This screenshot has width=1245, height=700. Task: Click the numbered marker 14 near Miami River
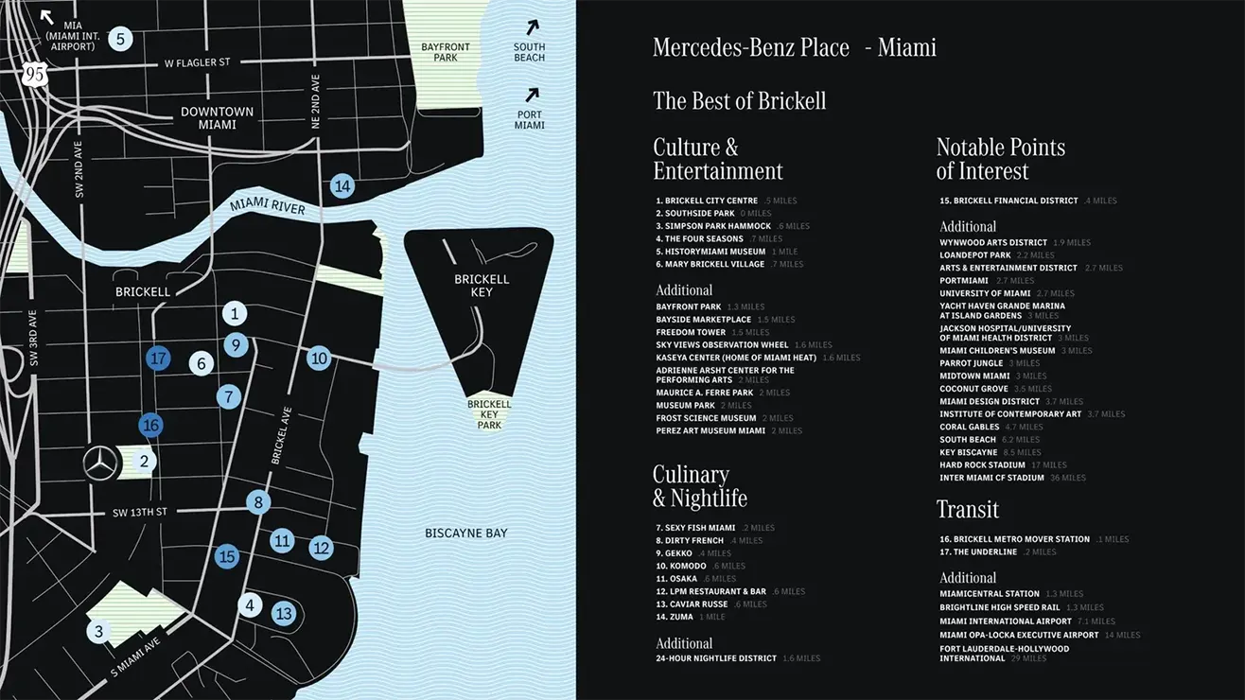(342, 186)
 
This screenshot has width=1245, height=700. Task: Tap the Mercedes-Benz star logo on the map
(100, 464)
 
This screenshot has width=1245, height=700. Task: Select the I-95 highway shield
(35, 75)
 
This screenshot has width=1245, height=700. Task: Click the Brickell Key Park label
(489, 414)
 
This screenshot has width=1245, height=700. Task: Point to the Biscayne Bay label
(465, 534)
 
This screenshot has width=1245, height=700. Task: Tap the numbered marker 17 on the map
(158, 359)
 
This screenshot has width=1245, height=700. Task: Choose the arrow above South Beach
(533, 27)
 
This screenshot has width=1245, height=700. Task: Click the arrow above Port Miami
(532, 95)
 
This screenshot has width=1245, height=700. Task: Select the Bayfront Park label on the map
(446, 52)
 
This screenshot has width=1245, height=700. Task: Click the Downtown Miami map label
(218, 117)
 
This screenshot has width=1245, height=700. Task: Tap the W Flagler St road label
(197, 63)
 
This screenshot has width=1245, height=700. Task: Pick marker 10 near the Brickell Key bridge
(319, 359)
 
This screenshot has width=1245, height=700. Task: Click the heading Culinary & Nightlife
(699, 486)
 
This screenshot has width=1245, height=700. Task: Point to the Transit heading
(967, 509)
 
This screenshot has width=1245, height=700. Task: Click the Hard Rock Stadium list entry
(982, 465)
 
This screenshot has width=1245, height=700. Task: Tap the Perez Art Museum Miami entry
(710, 431)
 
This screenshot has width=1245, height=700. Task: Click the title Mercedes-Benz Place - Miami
(794, 47)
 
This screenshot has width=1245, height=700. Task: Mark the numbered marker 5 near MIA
(119, 39)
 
